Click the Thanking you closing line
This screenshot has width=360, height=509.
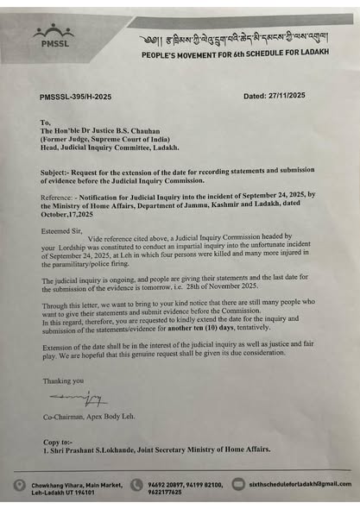click(61, 380)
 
